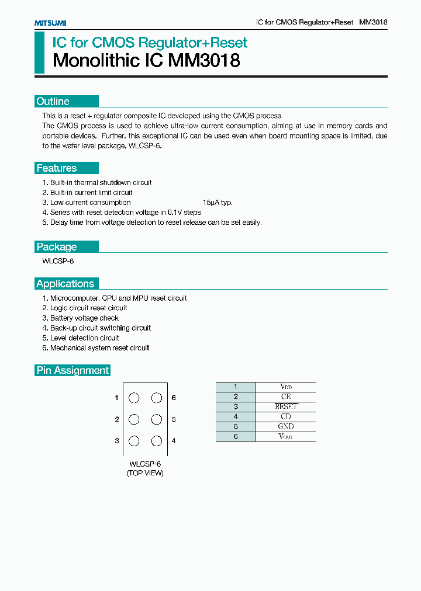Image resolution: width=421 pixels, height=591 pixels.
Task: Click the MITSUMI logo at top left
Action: click(x=50, y=23)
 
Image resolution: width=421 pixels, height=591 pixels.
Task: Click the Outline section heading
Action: click(x=53, y=101)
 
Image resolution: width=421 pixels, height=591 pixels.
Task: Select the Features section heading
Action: click(x=57, y=168)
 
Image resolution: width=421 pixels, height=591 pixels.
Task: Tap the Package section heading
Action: click(x=57, y=246)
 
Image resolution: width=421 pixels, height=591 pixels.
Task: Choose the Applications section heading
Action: click(x=65, y=284)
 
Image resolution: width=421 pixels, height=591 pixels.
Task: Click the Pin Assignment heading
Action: click(x=73, y=370)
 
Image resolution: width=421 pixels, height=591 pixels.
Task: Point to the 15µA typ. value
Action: click(x=218, y=203)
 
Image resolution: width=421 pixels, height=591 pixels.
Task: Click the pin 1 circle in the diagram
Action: click(x=134, y=398)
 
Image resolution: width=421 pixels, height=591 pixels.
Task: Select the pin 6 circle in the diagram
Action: click(x=156, y=398)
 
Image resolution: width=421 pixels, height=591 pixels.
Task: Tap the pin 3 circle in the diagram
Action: click(x=134, y=441)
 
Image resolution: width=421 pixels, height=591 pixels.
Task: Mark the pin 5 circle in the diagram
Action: click(x=156, y=419)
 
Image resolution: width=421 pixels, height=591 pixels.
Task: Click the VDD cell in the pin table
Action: click(x=285, y=387)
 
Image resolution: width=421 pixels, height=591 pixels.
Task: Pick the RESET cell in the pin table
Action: click(x=285, y=406)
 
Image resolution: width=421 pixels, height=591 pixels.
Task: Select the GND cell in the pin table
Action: click(x=285, y=426)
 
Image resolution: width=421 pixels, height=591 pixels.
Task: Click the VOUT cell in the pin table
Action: click(x=285, y=436)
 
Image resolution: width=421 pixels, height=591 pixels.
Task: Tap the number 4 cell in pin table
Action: click(x=236, y=416)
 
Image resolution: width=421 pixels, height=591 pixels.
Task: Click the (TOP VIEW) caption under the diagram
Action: click(x=145, y=473)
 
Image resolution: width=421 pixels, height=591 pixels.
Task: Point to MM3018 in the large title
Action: click(x=204, y=61)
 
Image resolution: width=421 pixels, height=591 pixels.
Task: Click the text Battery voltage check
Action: click(x=84, y=318)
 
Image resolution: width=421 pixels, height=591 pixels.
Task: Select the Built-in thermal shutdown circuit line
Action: click(x=101, y=183)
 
